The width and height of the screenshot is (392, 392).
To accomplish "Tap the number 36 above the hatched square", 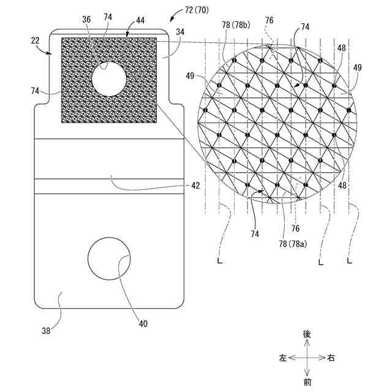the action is pos(86,20).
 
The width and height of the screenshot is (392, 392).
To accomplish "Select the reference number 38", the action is pos(47,331).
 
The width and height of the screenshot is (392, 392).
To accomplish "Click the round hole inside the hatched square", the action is pos(109,78).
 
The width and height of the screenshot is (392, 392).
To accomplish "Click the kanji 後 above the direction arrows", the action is pos(307,334).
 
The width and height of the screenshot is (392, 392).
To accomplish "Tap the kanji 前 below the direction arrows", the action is pos(307,382).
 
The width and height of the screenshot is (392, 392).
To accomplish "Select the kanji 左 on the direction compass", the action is pos(282,358).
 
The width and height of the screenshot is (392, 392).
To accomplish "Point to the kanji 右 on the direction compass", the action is pos(331,358).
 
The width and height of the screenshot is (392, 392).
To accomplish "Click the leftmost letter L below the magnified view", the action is pos(220,262).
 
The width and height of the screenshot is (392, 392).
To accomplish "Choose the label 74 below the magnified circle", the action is pos(253,234).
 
